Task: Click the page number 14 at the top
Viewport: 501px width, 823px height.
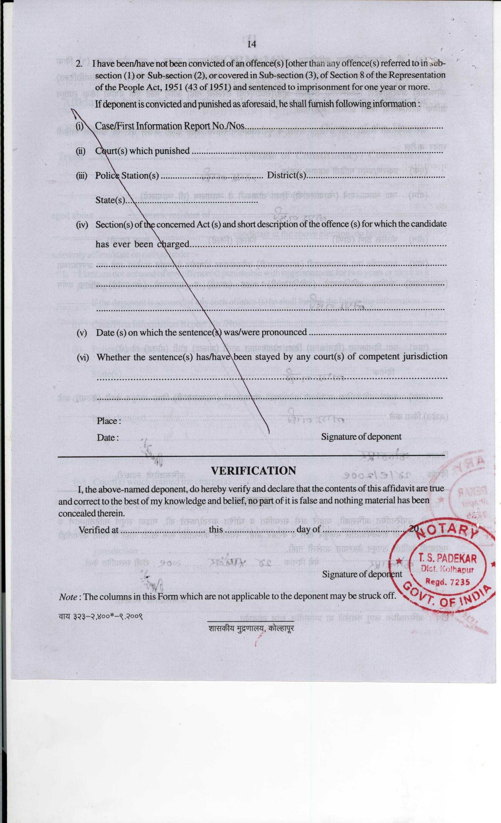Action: (x=251, y=44)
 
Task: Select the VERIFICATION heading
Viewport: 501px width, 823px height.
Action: (x=253, y=471)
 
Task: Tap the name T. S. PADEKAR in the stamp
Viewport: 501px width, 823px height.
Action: (x=447, y=559)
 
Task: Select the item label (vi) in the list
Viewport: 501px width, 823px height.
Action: (x=83, y=357)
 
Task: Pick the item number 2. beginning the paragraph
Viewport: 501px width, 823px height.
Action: (x=79, y=63)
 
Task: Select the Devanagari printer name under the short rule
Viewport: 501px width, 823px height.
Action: (x=251, y=628)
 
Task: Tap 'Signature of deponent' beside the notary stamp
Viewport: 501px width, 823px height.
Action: (x=362, y=574)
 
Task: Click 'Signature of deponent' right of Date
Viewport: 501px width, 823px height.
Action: (x=361, y=437)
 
